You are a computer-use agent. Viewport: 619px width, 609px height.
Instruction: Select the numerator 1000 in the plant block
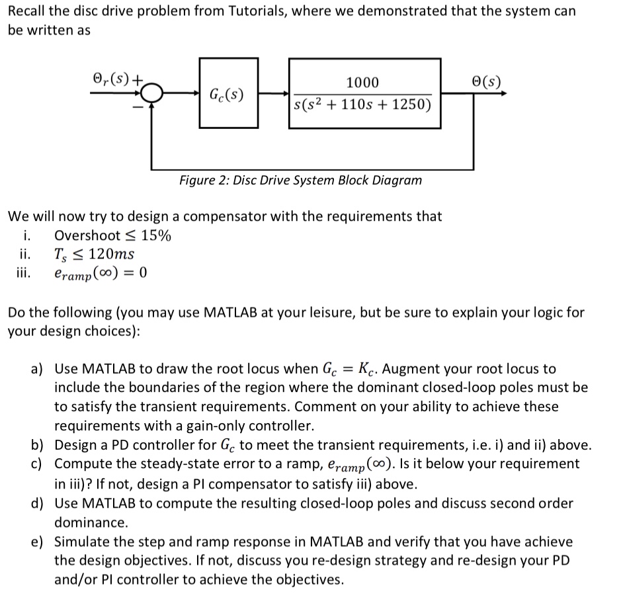coord(363,83)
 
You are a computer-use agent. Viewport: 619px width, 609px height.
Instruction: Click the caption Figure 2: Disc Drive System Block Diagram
coord(300,181)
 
